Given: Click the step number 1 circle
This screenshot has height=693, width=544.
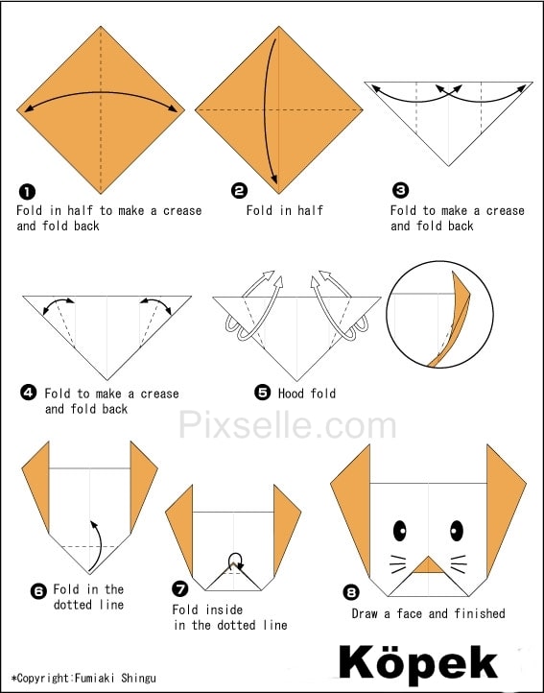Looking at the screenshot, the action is [x=27, y=192].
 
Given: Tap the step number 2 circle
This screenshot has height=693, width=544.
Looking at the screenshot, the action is [x=239, y=190].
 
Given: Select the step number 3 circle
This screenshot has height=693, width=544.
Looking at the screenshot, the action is [x=400, y=190].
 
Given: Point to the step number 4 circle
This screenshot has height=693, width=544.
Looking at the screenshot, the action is [x=28, y=393].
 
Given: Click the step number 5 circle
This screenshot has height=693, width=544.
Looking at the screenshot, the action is [x=262, y=392].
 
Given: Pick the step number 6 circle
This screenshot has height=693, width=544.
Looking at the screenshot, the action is [x=38, y=591].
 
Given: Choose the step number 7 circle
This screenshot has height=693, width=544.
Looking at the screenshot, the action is [x=179, y=588].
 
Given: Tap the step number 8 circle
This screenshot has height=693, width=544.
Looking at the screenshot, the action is [x=351, y=592].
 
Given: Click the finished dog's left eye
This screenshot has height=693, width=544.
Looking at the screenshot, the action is [x=399, y=531].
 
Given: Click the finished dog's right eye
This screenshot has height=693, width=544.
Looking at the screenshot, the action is [x=457, y=531].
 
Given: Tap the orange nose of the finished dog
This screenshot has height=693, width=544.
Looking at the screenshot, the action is [x=428, y=565].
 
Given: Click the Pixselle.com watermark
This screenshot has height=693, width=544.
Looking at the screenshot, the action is [x=287, y=424].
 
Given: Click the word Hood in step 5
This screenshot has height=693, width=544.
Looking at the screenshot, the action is [x=292, y=393].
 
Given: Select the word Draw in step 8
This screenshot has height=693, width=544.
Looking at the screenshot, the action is [x=365, y=613].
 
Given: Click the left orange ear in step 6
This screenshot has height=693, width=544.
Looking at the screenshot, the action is [x=36, y=482].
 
